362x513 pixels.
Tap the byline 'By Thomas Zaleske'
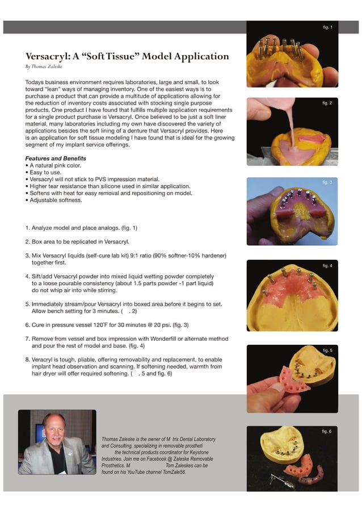(x=44, y=66)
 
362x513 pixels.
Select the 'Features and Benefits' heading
(x=56, y=158)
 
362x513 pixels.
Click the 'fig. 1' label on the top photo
(x=327, y=27)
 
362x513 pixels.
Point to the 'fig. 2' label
(x=326, y=103)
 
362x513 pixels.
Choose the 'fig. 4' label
(x=327, y=266)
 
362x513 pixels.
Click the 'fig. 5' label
(x=327, y=350)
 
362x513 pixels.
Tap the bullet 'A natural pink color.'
(x=53, y=165)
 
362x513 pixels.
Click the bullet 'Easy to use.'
(x=45, y=172)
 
